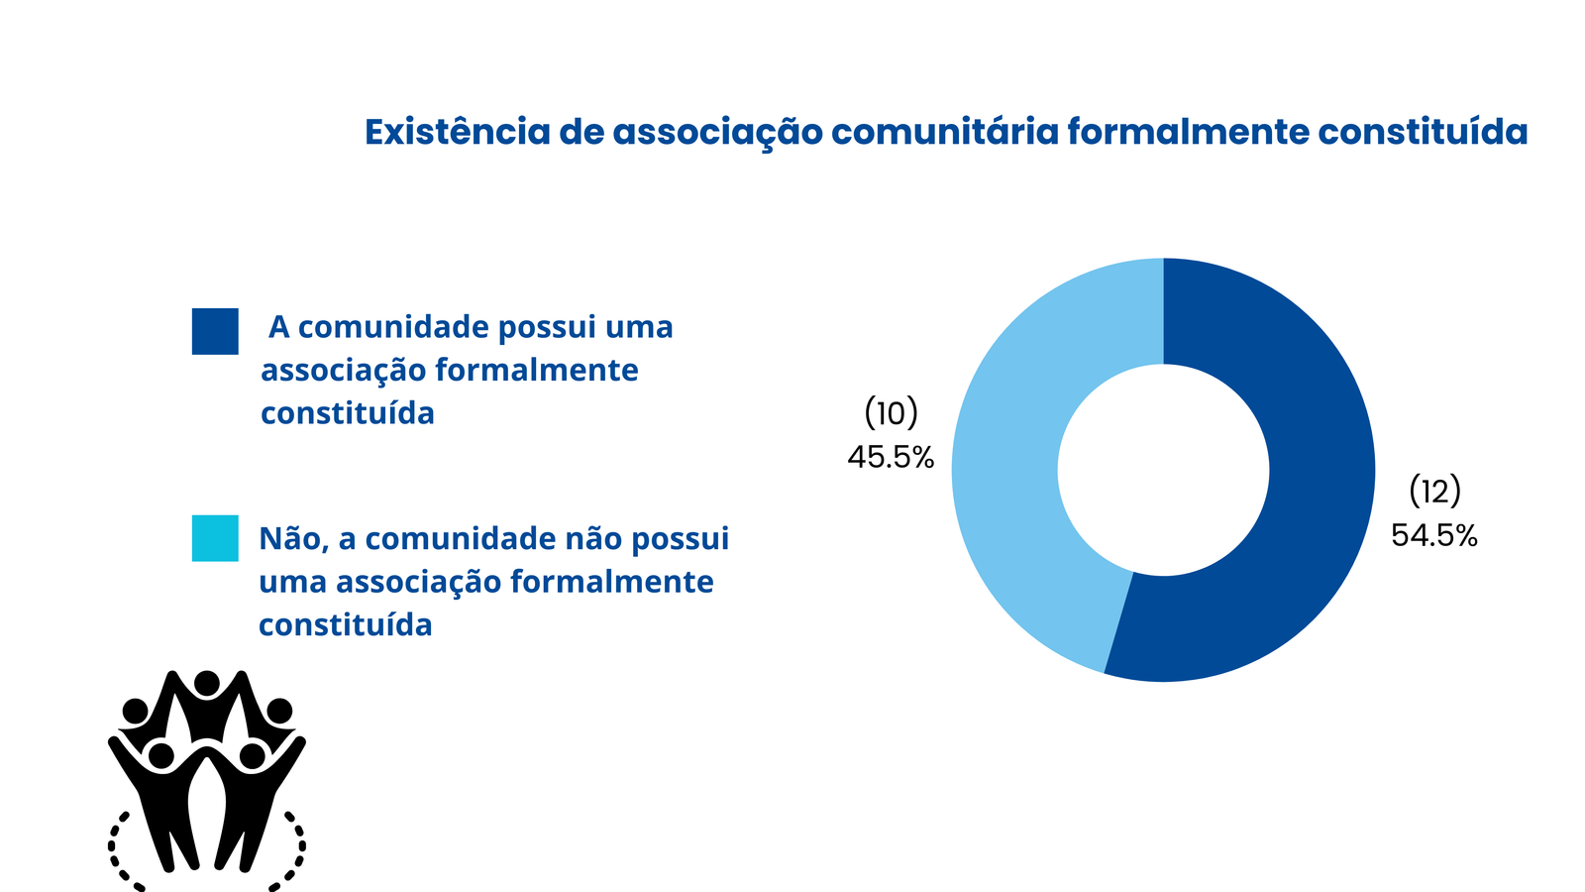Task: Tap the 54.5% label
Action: [1434, 535]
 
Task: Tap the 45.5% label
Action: [891, 457]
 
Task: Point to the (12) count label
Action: [1435, 491]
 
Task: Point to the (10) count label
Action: [892, 412]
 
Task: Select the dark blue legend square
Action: [215, 331]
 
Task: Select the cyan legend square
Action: [215, 538]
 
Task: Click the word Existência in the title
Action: [457, 132]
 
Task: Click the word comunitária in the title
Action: [945, 132]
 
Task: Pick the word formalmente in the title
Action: [1188, 132]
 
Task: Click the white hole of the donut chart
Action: [1163, 470]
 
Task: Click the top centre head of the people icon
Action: [207, 684]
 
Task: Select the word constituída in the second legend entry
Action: [346, 625]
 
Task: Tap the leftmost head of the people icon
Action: [135, 711]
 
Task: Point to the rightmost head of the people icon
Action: [278, 711]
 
